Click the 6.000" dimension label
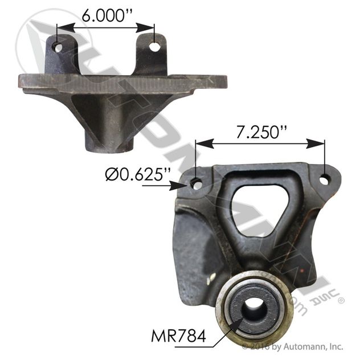107,15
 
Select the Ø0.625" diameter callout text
138,175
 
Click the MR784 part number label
178,337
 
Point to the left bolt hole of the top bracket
58,48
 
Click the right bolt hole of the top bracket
154,47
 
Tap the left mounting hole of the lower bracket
197,184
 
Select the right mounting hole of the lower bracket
324,179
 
